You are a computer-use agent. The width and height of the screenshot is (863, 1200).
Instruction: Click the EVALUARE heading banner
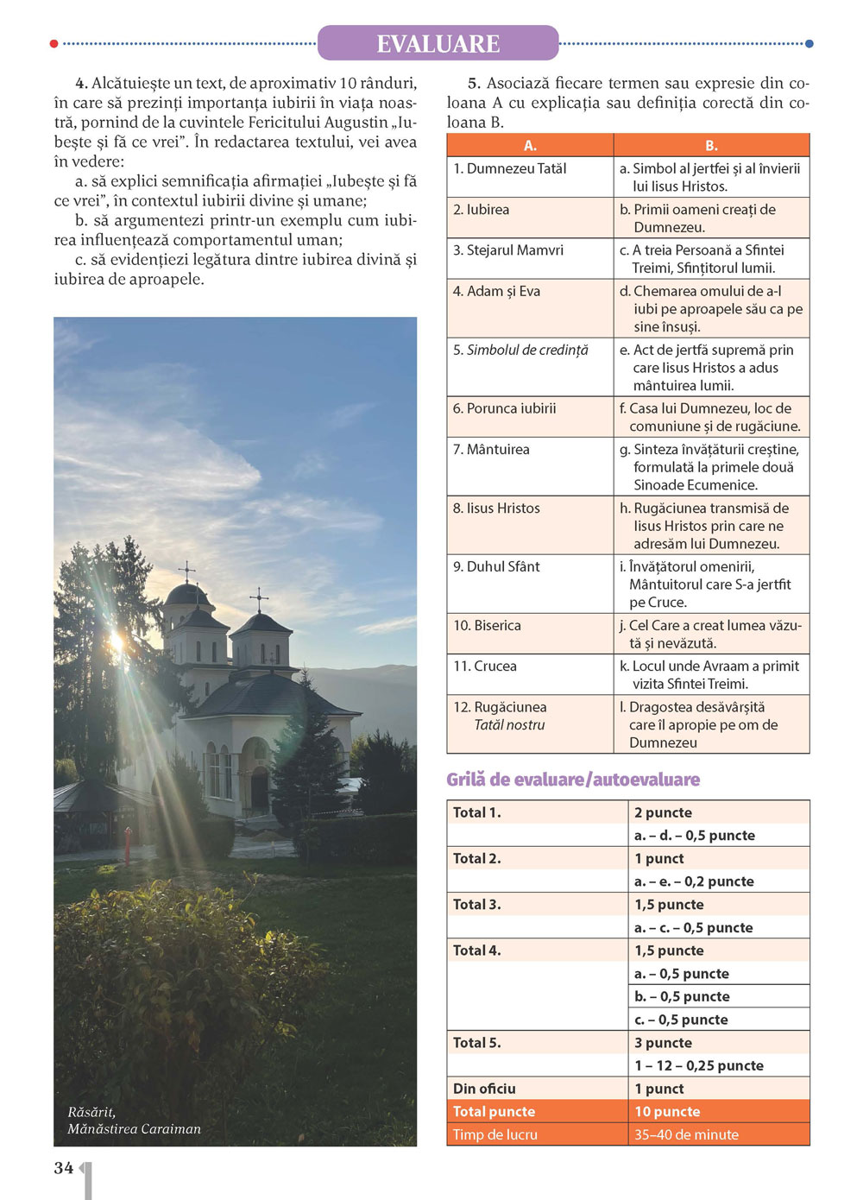(438, 43)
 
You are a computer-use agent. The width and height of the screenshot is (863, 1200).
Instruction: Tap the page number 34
(64, 1167)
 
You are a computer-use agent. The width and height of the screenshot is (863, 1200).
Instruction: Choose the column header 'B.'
(711, 145)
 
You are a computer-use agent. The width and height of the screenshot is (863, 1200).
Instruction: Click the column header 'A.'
(530, 145)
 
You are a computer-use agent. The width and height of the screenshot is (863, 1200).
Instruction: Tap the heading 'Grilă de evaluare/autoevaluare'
(573, 780)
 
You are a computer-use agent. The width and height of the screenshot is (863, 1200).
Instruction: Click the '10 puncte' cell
(667, 1112)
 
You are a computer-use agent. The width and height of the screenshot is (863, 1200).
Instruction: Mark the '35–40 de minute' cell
(686, 1135)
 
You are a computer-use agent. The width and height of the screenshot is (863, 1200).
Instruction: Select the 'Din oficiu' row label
(484, 1089)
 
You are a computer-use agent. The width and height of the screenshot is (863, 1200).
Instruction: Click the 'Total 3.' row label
(476, 905)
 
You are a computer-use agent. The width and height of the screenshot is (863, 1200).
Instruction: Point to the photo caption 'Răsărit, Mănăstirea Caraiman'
(134, 1121)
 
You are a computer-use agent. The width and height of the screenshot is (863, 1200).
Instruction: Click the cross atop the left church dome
(186, 571)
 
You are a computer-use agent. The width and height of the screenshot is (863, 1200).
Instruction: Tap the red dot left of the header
(54, 43)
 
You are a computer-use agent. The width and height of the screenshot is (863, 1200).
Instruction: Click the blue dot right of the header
(809, 43)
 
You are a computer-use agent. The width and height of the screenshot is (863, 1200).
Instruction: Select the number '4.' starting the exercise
(81, 84)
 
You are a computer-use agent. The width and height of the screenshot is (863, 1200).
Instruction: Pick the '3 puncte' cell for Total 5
(663, 1043)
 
